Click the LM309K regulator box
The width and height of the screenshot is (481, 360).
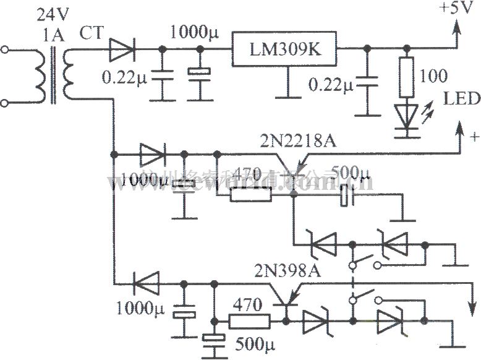[285, 49]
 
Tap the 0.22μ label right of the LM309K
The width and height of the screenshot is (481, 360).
[331, 84]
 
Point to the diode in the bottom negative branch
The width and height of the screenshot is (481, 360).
[143, 284]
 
